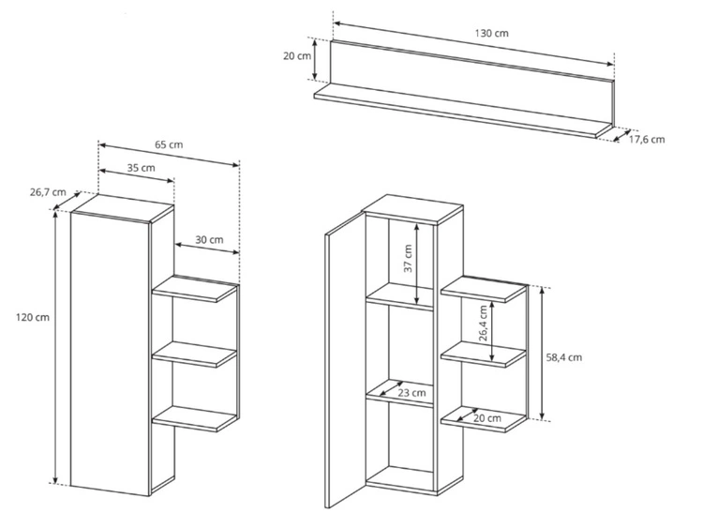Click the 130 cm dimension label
pos(491,33)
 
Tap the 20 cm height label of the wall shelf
pos(297,56)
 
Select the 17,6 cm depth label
pos(647,140)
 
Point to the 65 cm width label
pos(169,145)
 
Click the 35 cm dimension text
pos(142,168)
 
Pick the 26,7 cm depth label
pos(48,192)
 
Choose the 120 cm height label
pos(33,318)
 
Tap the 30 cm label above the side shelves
pos(209,240)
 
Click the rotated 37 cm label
pos(408,259)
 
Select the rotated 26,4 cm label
pos(483,324)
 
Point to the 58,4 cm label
pos(564,357)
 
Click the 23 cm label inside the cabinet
pos(412,393)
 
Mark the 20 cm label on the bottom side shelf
pos(487,418)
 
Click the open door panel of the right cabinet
pos(345,360)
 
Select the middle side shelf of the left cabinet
pos(194,355)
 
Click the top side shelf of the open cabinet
pos(484,290)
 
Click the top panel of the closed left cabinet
pos(122,208)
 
